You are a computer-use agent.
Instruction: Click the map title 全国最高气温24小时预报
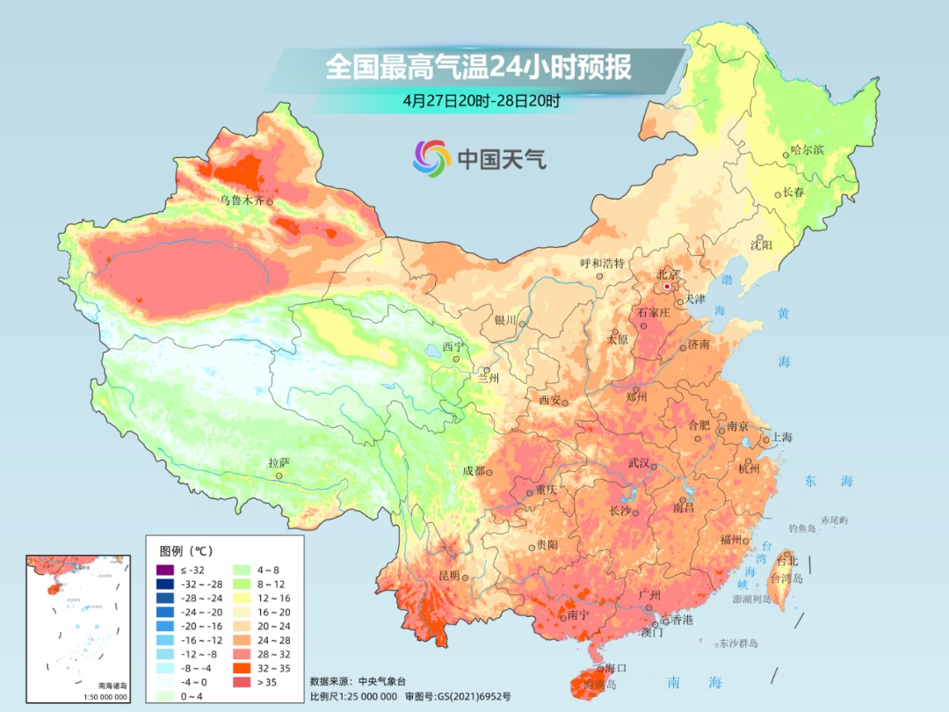[x=479, y=68]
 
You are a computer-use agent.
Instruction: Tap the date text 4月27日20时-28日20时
[x=481, y=100]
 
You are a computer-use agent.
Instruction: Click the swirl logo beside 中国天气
[x=431, y=158]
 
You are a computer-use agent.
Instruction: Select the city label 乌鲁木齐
[x=241, y=200]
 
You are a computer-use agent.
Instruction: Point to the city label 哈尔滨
[x=807, y=150]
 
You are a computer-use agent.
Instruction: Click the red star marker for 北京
[x=667, y=287]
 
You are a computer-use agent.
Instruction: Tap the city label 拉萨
[x=279, y=462]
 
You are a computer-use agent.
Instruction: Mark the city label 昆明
[x=448, y=576]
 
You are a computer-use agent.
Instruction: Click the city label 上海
[x=782, y=438]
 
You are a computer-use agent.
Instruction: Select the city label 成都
[x=474, y=471]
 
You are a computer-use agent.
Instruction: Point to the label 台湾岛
[x=786, y=579]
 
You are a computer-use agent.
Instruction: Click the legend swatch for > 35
[x=239, y=682]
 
